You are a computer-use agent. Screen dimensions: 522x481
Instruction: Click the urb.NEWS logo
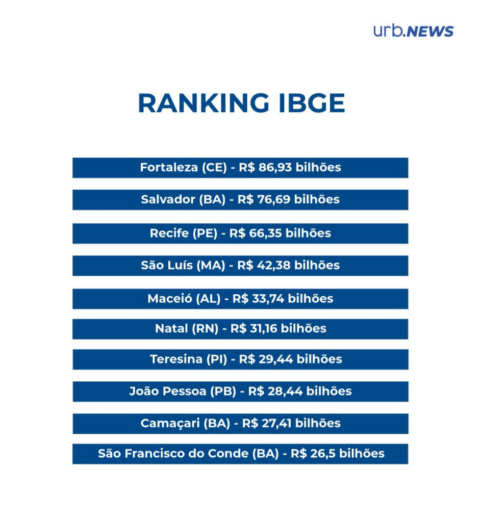[413, 31]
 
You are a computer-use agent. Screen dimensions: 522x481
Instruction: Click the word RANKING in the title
[204, 103]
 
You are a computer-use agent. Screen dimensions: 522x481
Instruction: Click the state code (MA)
[210, 266]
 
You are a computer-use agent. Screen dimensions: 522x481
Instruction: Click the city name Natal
[171, 329]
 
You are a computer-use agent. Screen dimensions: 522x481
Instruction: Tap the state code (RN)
[204, 329]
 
